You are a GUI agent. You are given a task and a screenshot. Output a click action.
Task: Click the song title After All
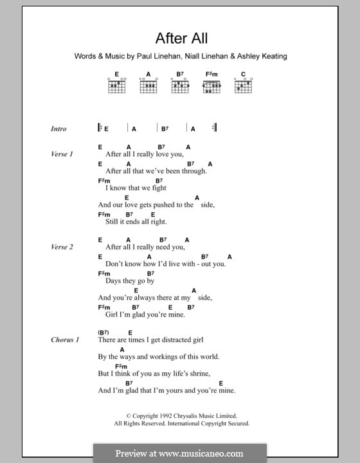click(180, 38)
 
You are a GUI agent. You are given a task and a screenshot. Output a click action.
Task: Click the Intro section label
click(59, 129)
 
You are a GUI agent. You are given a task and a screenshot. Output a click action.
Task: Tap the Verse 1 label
click(62, 154)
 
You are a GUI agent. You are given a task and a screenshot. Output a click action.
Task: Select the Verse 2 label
click(62, 247)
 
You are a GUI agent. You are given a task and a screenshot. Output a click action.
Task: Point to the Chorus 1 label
click(65, 340)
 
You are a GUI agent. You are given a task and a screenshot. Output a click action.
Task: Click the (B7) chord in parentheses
click(104, 332)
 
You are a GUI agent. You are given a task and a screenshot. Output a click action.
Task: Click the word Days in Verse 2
click(114, 281)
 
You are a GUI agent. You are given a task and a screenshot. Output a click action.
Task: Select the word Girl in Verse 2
click(112, 314)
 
